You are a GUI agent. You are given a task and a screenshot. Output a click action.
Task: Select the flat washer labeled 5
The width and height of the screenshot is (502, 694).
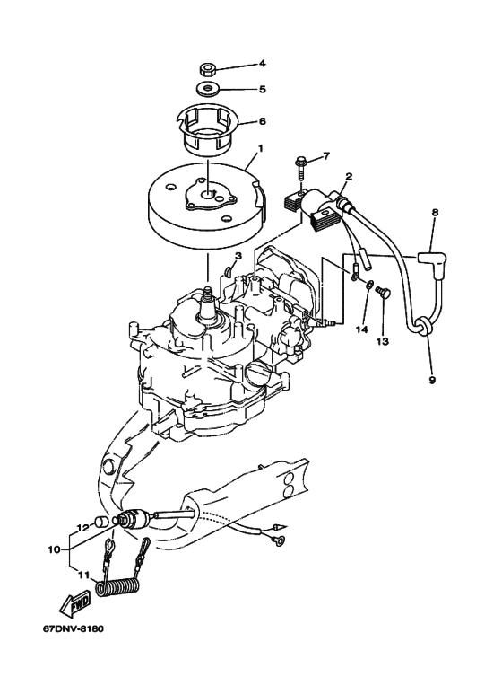click(207, 89)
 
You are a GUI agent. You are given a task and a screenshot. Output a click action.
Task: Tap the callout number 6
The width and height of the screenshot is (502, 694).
click(262, 121)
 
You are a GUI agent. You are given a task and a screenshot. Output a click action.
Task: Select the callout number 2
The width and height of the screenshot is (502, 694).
click(349, 177)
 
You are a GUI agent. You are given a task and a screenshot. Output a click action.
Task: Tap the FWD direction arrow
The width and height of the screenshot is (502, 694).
click(76, 604)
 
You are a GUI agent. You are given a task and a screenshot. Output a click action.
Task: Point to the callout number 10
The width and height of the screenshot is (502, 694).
click(55, 549)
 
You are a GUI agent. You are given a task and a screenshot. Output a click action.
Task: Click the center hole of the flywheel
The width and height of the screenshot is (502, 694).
click(208, 194)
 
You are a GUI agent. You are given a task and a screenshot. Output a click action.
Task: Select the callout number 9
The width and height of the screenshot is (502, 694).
click(432, 380)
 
